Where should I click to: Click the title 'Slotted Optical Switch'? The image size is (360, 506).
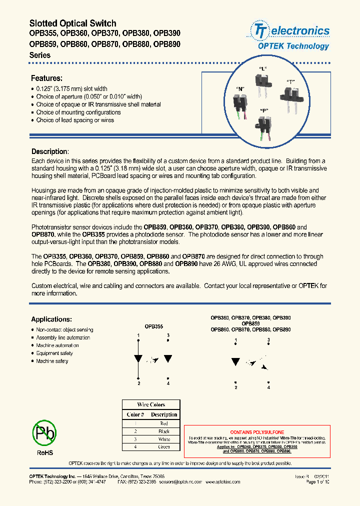[x=73, y=23]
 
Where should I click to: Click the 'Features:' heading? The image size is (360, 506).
[x=47, y=78]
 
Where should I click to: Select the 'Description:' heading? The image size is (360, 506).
[x=49, y=151]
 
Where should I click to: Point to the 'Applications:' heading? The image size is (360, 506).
[x=51, y=319]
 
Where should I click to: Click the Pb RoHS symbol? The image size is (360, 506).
[x=44, y=433]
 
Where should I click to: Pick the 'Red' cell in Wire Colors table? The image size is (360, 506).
[x=163, y=423]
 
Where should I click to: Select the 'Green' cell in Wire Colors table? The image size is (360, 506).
[x=163, y=447]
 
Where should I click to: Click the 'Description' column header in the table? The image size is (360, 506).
[x=164, y=414]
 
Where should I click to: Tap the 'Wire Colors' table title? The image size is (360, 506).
[x=151, y=404]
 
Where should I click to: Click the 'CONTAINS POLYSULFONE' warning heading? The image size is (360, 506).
[x=257, y=432]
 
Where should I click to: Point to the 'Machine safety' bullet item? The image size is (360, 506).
[x=52, y=361]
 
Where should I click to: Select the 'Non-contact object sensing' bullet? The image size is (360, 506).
[x=64, y=330]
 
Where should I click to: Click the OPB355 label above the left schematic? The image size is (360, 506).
[x=154, y=326]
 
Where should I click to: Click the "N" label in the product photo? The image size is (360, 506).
[x=240, y=88]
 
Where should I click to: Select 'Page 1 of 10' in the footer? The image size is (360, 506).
[x=317, y=482]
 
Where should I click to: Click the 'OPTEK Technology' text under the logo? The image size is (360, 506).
[x=293, y=46]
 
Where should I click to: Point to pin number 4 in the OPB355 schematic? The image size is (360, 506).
[x=168, y=383]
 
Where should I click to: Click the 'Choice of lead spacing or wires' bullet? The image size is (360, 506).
[x=75, y=120]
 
